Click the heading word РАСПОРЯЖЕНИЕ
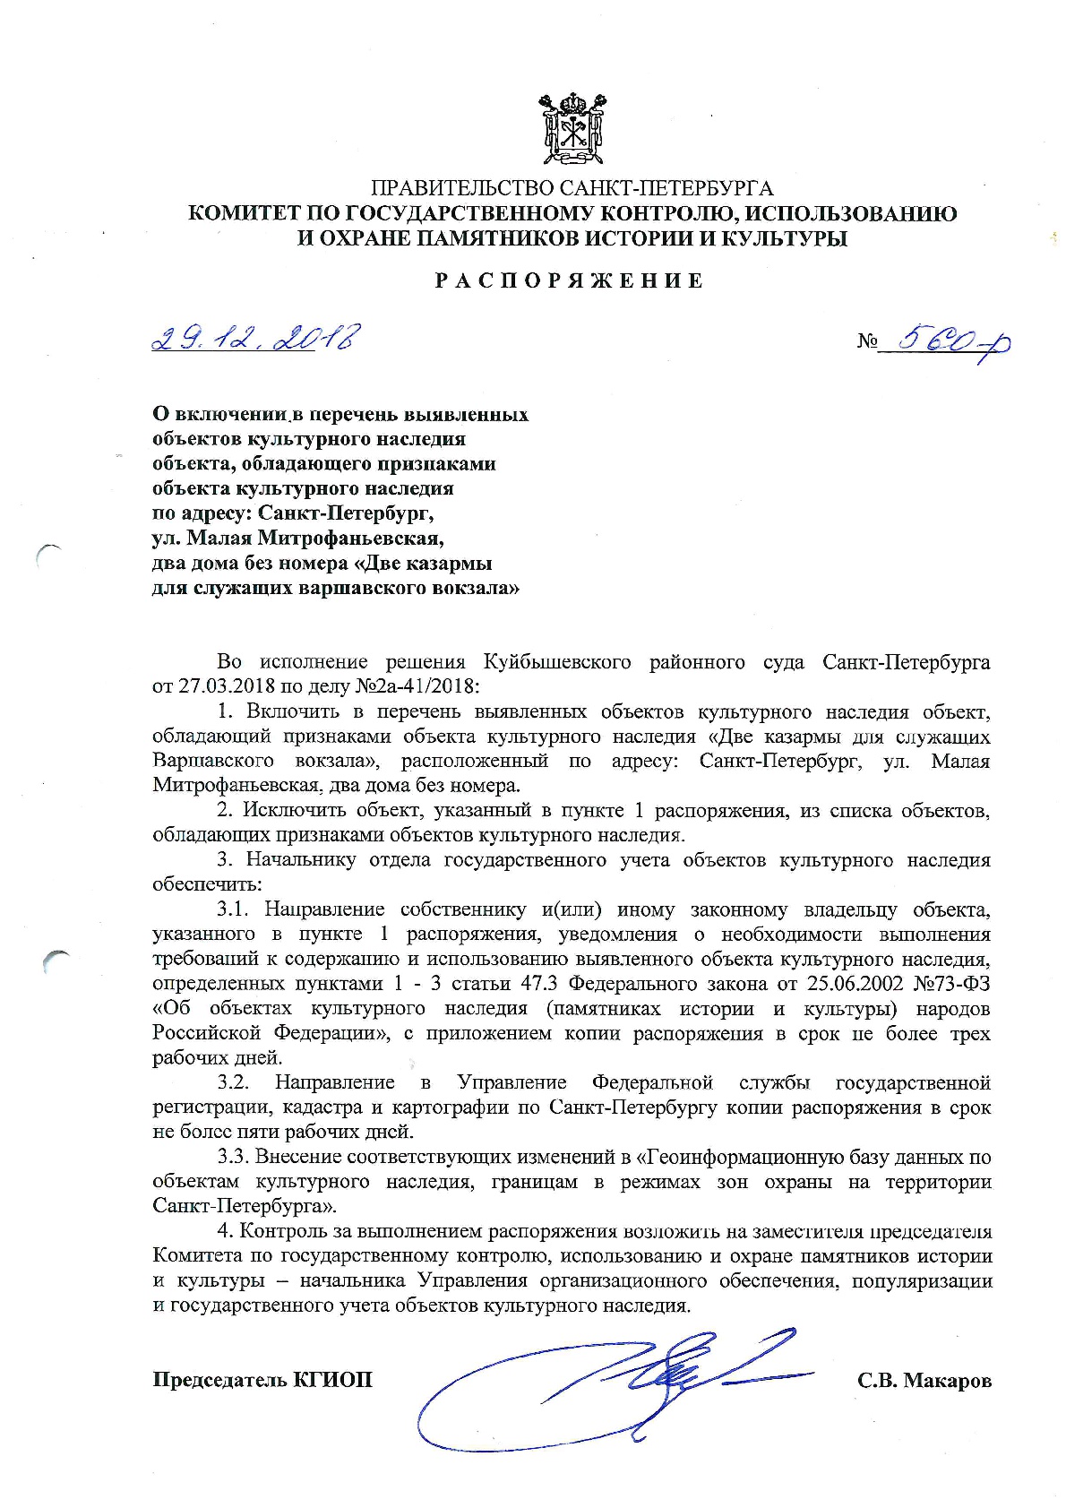[571, 281]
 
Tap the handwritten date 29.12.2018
[256, 339]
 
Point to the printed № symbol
[867, 341]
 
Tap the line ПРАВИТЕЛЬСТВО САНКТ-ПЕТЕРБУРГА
[572, 188]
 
